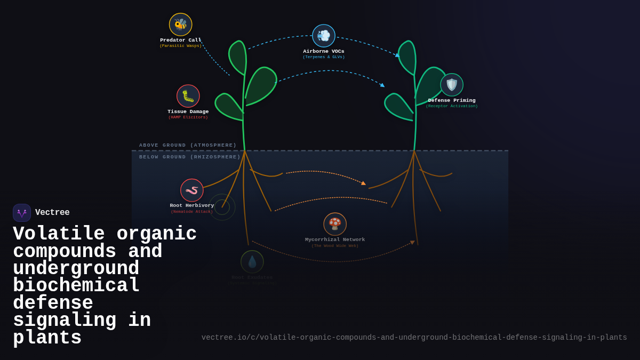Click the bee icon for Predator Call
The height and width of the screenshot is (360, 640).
(x=181, y=25)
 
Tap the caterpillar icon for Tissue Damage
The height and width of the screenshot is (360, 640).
(x=188, y=96)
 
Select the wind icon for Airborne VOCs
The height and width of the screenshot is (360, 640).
(x=324, y=36)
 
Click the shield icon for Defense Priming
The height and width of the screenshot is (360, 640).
(x=452, y=85)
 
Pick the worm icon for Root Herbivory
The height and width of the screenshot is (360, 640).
(x=192, y=190)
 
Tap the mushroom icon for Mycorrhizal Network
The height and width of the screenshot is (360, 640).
(x=335, y=224)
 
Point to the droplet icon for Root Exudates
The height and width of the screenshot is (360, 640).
(x=252, y=262)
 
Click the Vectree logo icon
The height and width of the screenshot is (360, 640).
(x=22, y=213)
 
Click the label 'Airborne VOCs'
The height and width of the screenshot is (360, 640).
(x=324, y=51)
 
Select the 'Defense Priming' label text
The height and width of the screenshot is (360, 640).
(x=452, y=100)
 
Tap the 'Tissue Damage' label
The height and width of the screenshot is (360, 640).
(x=188, y=111)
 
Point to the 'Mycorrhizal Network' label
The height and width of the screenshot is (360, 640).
(x=335, y=239)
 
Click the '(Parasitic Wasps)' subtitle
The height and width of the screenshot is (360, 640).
(x=181, y=46)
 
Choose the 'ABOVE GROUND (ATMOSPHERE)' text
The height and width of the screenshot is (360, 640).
(x=188, y=145)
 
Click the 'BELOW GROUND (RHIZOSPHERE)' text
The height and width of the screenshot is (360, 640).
(x=190, y=157)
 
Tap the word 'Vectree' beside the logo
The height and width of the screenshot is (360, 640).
(x=52, y=213)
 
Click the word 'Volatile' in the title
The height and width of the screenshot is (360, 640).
(x=59, y=234)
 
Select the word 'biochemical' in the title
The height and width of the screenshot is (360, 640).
(x=76, y=286)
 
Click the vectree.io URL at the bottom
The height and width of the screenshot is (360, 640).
(x=414, y=338)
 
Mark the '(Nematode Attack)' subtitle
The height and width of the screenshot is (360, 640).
(x=192, y=212)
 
